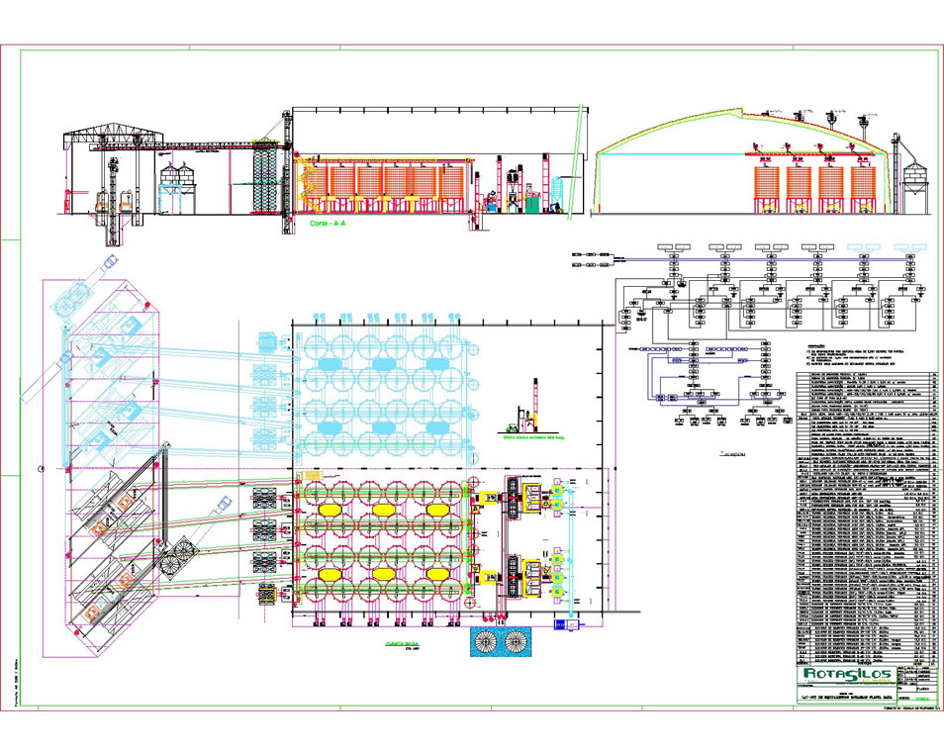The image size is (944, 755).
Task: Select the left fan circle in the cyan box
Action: click(x=489, y=642)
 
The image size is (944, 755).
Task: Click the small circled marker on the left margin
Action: click(x=41, y=467)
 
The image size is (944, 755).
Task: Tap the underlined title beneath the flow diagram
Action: click(x=733, y=455)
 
